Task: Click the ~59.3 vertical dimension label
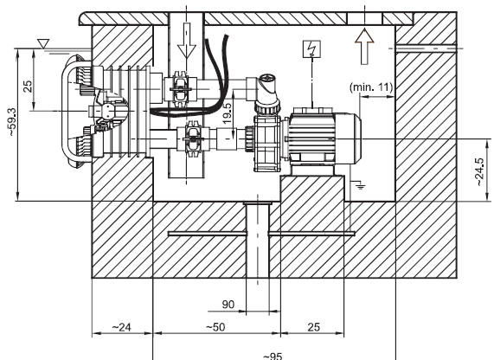click(12, 122)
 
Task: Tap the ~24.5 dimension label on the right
click(478, 172)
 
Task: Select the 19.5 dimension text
click(228, 113)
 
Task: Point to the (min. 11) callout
click(372, 87)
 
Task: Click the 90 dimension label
click(228, 305)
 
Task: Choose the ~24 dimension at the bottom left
click(122, 327)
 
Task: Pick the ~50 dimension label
click(215, 327)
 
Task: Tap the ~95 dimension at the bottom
click(273, 357)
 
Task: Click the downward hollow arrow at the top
click(187, 41)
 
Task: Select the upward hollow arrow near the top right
click(364, 47)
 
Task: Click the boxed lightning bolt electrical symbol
click(312, 48)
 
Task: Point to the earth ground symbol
click(360, 184)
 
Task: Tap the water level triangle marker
click(43, 43)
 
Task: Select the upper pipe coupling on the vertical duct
click(180, 89)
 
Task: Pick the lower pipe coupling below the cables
click(191, 138)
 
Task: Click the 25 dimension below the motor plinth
click(313, 327)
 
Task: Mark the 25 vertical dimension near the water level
click(28, 86)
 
